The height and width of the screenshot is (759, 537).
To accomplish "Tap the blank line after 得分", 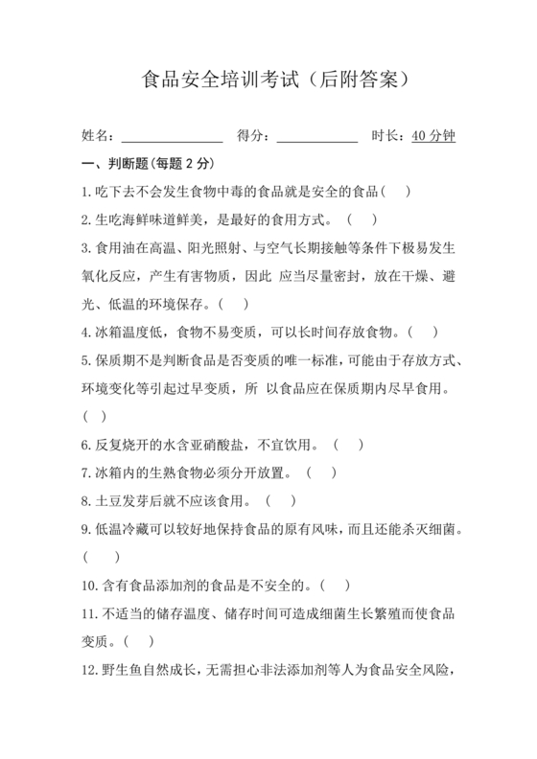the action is (x=316, y=137).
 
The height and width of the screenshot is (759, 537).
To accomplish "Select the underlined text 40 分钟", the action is (x=433, y=136).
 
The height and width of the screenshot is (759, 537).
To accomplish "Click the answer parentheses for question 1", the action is (x=402, y=192).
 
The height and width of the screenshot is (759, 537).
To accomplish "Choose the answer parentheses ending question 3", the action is (x=233, y=305).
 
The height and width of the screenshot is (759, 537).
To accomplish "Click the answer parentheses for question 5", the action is (x=95, y=417).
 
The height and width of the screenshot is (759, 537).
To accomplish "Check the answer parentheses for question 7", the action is (x=321, y=472).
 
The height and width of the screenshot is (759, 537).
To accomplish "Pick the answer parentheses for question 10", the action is (x=334, y=585).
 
